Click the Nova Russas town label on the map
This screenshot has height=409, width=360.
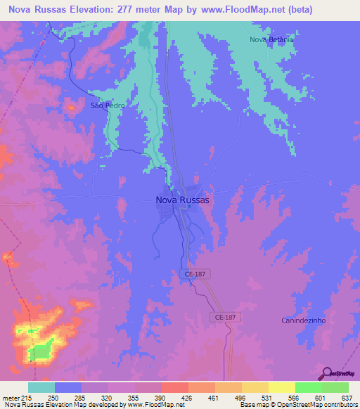181,200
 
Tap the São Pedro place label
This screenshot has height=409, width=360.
103,106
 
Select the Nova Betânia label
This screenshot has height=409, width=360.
271,40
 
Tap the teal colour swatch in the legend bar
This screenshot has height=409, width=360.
41,387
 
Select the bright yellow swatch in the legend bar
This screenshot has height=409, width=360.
281,387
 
